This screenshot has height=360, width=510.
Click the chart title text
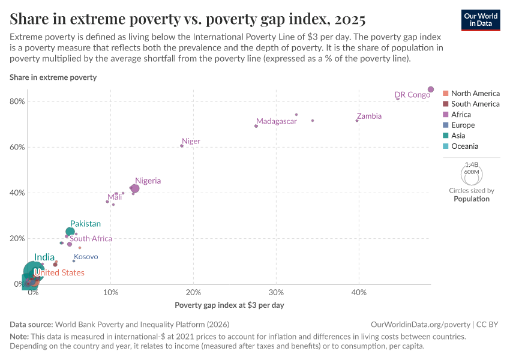[187, 19]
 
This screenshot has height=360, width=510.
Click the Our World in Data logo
[481, 20]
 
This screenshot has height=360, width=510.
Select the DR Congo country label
[412, 95]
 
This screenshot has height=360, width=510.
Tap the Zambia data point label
[369, 116]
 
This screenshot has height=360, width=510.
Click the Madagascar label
[277, 121]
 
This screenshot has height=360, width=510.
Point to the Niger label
[191, 142]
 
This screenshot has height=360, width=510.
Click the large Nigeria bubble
[135, 188]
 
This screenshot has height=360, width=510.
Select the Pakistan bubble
[70, 232]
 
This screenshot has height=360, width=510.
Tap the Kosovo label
[86, 257]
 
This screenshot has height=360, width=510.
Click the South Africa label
[91, 239]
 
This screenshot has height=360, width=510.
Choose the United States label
[59, 273]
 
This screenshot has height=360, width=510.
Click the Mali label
[115, 197]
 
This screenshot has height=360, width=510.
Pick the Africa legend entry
[461, 115]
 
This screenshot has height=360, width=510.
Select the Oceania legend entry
[464, 146]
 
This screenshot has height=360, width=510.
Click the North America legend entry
[475, 94]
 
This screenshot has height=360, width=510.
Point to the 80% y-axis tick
[17, 101]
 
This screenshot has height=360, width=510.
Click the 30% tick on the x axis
[276, 292]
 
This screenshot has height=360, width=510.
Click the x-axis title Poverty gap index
[229, 305]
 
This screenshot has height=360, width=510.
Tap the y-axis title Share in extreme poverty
[53, 77]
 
